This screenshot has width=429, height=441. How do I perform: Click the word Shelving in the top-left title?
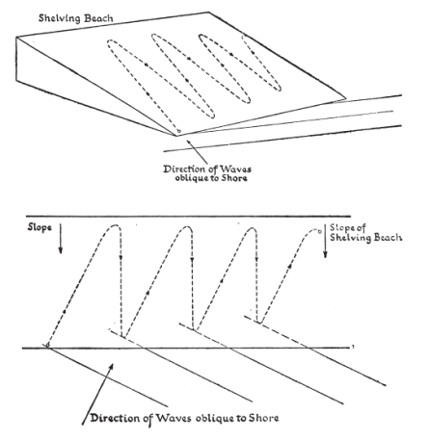(x=59, y=18)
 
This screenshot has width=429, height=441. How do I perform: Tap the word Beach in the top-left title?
(x=97, y=18)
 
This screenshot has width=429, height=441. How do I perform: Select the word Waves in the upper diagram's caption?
(x=236, y=169)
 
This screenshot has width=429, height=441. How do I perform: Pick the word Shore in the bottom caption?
(x=264, y=418)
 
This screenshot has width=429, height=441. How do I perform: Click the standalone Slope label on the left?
(x=40, y=227)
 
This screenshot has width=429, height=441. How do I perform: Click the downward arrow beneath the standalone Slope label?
(x=61, y=239)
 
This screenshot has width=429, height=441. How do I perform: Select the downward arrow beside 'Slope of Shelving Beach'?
(x=325, y=241)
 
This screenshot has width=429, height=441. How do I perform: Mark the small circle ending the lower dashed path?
(x=319, y=231)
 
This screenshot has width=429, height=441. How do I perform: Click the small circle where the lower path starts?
(x=47, y=345)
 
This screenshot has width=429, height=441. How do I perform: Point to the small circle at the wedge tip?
(x=179, y=131)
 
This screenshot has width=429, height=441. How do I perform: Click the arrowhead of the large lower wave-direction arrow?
(x=111, y=367)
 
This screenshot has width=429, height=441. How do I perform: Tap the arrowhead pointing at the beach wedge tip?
(x=189, y=142)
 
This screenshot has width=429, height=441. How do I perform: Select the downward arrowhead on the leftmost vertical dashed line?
(x=121, y=257)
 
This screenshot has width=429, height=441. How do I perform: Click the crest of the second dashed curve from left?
(x=186, y=227)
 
